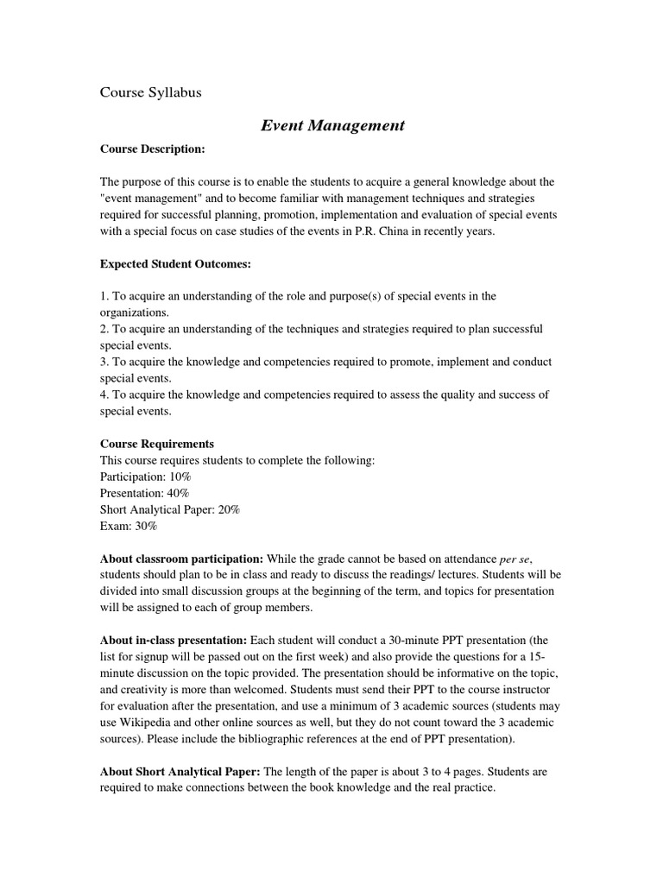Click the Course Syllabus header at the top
(x=151, y=92)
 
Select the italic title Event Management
(x=332, y=126)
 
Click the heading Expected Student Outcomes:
(x=176, y=264)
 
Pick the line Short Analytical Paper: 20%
(x=170, y=510)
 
